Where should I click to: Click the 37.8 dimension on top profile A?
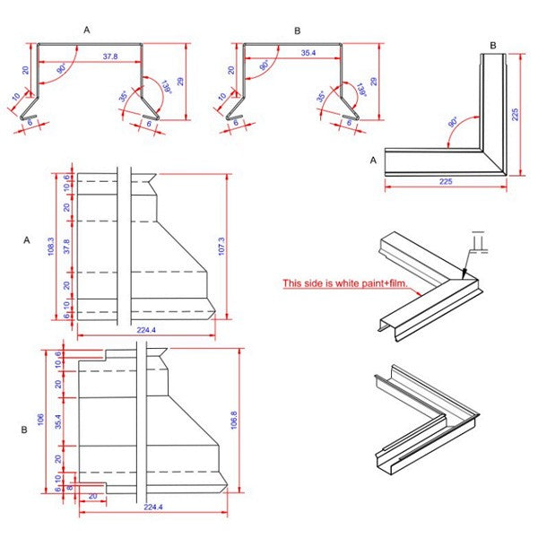[110, 56]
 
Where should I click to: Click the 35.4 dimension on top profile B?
[308, 55]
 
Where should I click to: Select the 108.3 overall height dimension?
[52, 244]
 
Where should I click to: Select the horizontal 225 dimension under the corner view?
[446, 182]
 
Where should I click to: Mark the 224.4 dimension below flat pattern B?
[155, 508]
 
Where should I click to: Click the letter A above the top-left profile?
[86, 30]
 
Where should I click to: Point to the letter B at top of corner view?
[492, 45]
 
